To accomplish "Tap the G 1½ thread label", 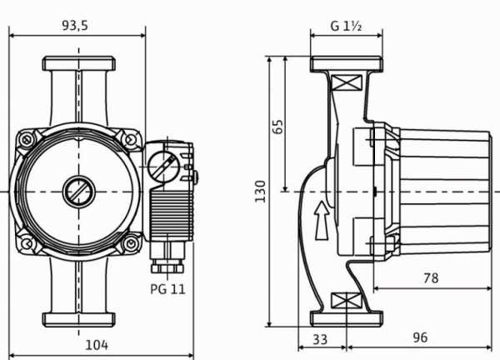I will click(x=345, y=26).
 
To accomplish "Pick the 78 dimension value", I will click(x=430, y=278).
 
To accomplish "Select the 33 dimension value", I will click(x=320, y=338).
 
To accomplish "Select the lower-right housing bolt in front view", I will click(x=130, y=242).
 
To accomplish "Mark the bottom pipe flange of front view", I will click(x=79, y=317).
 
